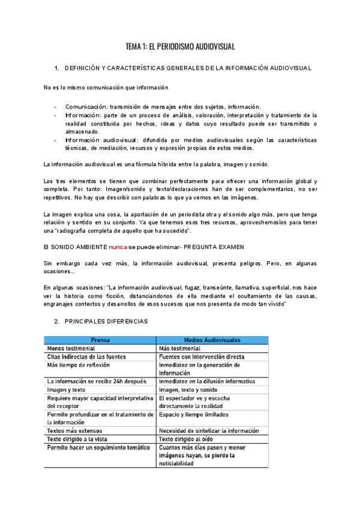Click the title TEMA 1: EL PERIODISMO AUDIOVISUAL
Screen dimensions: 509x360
(x=180, y=46)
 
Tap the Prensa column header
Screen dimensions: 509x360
(x=100, y=339)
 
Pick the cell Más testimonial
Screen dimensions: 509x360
(x=180, y=348)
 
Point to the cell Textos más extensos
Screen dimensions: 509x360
(x=74, y=430)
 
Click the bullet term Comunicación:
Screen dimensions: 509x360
(x=84, y=106)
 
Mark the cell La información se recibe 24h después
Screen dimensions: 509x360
(x=97, y=381)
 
